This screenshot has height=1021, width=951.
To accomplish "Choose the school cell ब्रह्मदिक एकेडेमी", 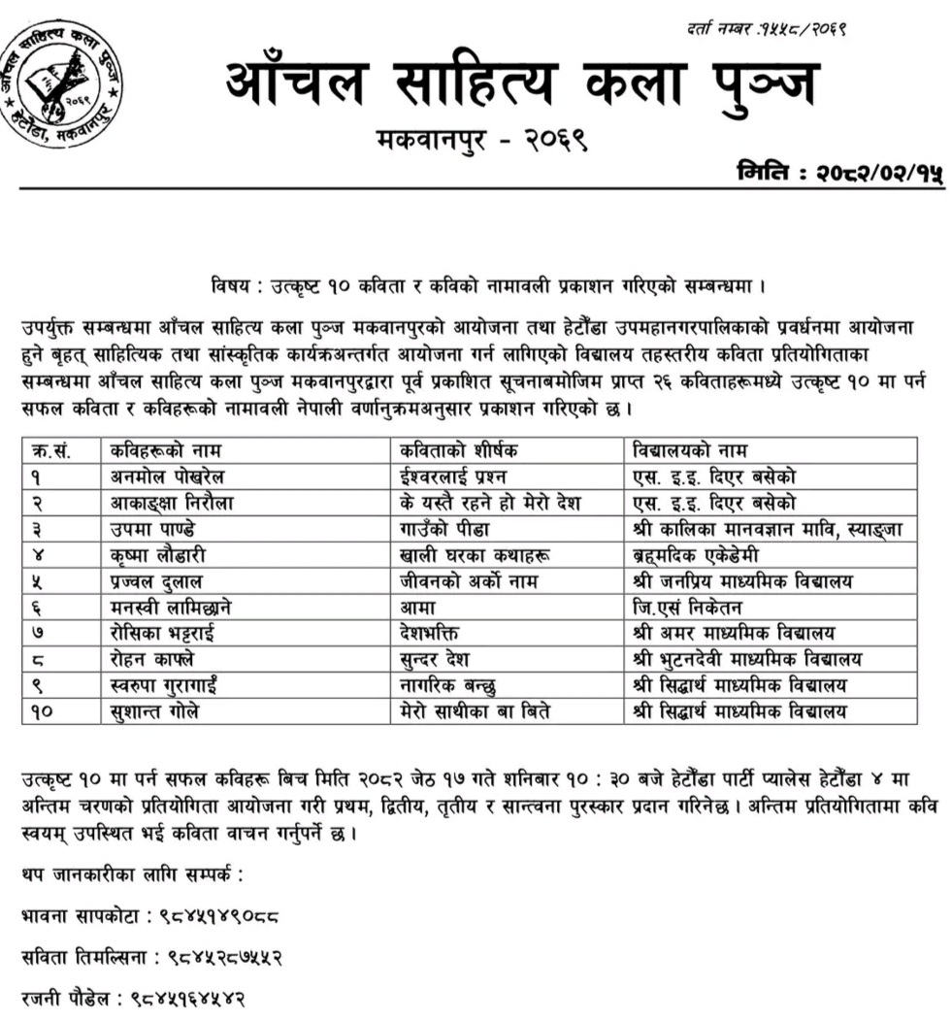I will click(692, 554).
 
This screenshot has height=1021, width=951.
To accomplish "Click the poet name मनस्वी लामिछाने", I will click(171, 608).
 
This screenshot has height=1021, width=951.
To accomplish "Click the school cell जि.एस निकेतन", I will click(685, 608).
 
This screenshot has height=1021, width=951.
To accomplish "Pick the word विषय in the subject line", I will click(230, 287).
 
